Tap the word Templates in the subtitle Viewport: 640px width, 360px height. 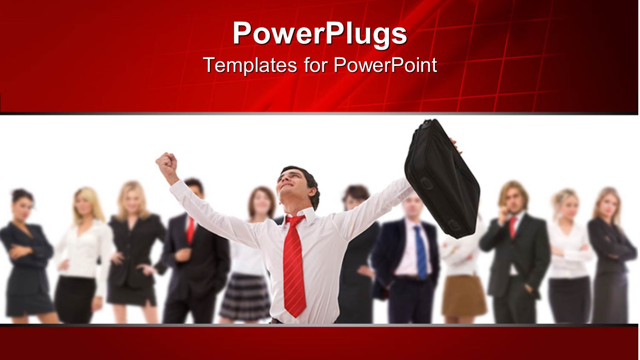click(250, 65)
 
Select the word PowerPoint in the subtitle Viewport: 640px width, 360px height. click(385, 65)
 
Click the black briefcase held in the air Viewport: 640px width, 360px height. click(442, 179)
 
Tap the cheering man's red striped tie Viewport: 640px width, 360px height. click(294, 264)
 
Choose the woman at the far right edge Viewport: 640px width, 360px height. click(611, 255)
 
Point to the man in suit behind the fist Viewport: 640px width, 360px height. click(194, 255)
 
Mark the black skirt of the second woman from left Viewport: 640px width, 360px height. click(76, 298)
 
